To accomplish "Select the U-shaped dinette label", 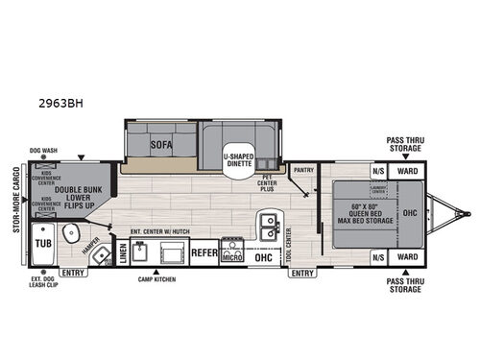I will tap(238, 159).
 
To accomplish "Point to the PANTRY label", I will tap(305, 168).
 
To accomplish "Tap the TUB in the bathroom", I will tap(44, 244).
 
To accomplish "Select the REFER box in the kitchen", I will tap(203, 255).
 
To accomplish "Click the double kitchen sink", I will tap(266, 227).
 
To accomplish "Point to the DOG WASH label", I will tap(44, 151).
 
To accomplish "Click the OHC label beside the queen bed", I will tap(409, 212).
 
